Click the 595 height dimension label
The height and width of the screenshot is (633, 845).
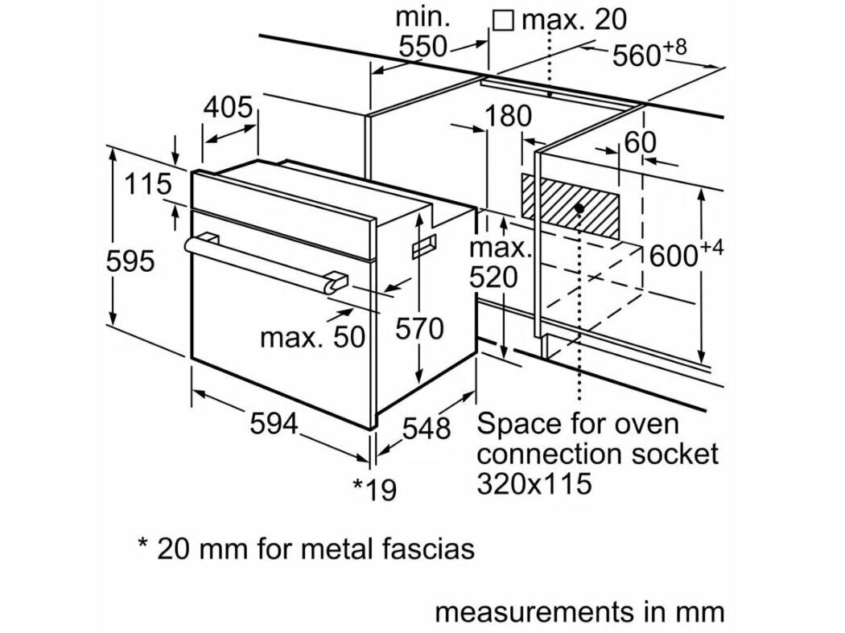[130, 261]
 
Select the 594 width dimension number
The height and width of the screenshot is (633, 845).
[274, 424]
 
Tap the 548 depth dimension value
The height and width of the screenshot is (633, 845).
[426, 430]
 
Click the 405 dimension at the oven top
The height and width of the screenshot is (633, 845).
[228, 107]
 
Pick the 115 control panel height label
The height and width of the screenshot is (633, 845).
[148, 184]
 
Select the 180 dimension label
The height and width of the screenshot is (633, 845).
[509, 117]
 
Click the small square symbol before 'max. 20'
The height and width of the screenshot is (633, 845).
[503, 20]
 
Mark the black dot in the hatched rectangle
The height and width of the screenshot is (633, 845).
[579, 208]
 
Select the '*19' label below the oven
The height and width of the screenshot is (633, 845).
[375, 489]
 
